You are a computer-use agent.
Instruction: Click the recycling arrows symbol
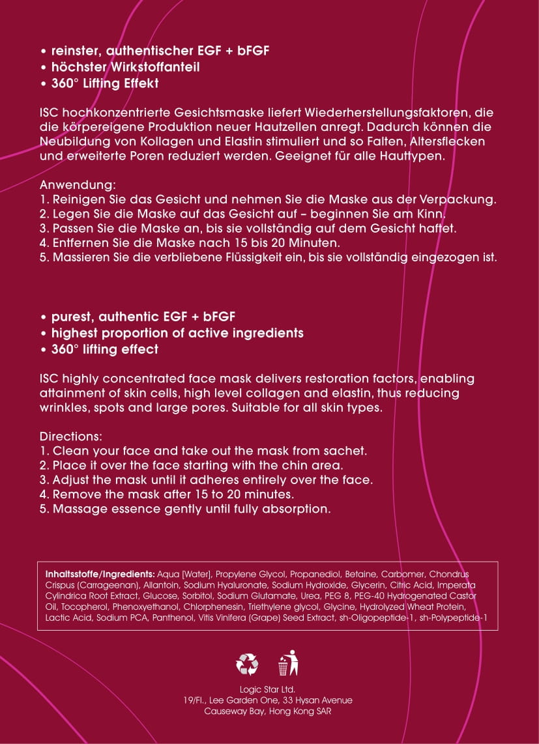click(247, 663)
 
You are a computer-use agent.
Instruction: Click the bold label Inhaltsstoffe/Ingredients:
click(100, 575)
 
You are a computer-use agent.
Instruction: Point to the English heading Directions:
click(70, 436)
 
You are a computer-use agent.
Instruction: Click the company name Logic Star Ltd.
click(268, 689)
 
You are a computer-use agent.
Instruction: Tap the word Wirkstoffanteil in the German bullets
click(157, 67)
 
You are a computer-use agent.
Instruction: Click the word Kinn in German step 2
click(431, 213)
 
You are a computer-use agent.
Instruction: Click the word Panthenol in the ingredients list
click(174, 618)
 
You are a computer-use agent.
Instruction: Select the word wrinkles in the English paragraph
click(65, 408)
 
